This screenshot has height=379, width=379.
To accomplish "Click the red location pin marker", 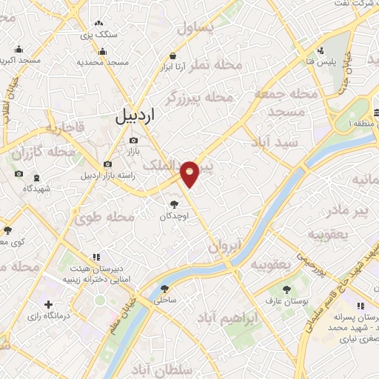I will click(x=191, y=173).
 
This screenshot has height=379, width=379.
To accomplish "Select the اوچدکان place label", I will click(x=174, y=216).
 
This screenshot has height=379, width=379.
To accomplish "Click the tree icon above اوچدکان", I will click(x=174, y=204).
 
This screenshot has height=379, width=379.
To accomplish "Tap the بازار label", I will click(x=133, y=151).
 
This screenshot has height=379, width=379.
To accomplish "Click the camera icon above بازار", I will click(x=133, y=140).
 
